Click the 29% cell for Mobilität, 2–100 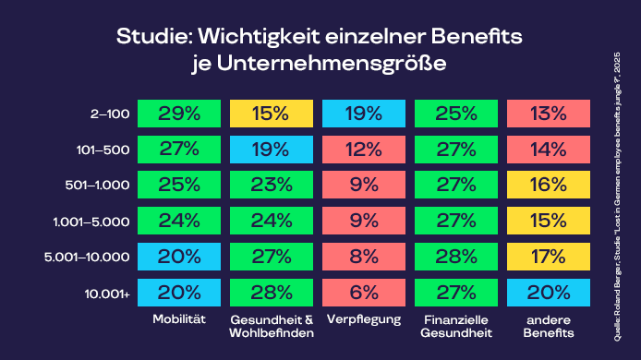click(x=178, y=114)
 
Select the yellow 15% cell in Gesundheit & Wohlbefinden click(x=271, y=114)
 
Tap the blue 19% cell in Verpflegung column click(x=364, y=114)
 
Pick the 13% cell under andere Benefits click(x=549, y=114)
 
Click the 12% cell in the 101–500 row click(x=364, y=150)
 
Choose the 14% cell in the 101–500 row click(x=549, y=150)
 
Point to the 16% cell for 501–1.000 click(x=549, y=185)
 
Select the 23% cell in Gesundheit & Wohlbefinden click(x=271, y=185)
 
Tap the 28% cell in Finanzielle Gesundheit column click(x=456, y=257)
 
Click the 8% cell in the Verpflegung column click(x=364, y=257)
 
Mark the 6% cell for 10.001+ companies click(x=364, y=293)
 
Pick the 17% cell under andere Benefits click(x=549, y=257)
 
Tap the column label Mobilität click(x=178, y=320)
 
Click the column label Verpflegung click(x=364, y=320)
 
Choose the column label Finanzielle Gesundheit click(x=456, y=326)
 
